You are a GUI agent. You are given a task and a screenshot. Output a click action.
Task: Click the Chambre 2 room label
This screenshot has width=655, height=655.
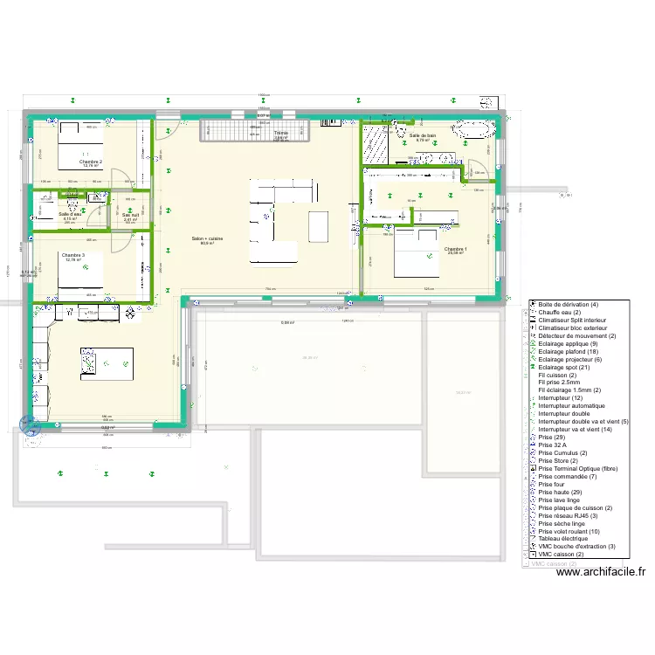[90, 162]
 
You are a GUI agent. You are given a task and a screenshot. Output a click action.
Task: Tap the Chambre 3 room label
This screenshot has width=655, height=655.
[72, 255]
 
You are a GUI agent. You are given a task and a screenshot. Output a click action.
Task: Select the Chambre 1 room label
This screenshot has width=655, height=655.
[455, 250]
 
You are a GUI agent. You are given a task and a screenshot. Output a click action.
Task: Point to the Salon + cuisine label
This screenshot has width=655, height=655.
[208, 238]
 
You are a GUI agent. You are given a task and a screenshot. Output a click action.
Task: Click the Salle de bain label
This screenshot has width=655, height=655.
[423, 135]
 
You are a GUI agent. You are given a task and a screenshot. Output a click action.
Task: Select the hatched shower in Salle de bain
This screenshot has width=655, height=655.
[377, 144]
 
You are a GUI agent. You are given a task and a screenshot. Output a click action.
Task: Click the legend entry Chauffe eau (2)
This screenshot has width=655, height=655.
[560, 312]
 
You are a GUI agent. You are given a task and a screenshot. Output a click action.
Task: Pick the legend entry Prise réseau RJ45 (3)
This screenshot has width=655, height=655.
[573, 515]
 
